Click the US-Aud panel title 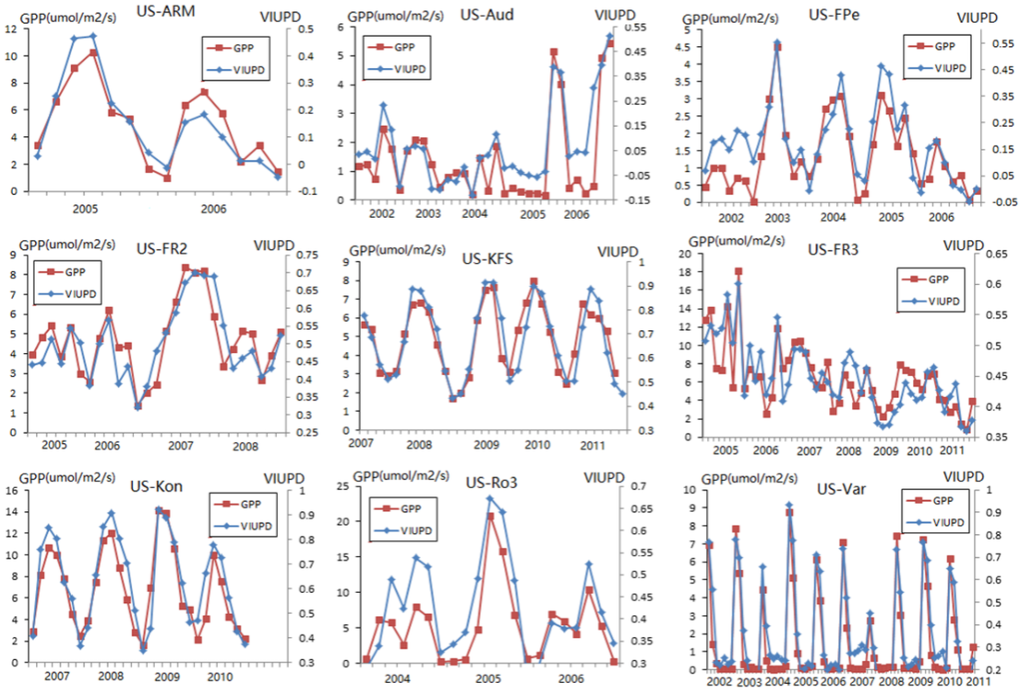coord(485,15)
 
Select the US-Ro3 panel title coord(490,484)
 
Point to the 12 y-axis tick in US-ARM coord(12,29)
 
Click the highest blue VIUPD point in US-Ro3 coord(490,497)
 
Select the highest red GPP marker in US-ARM coord(93,52)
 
